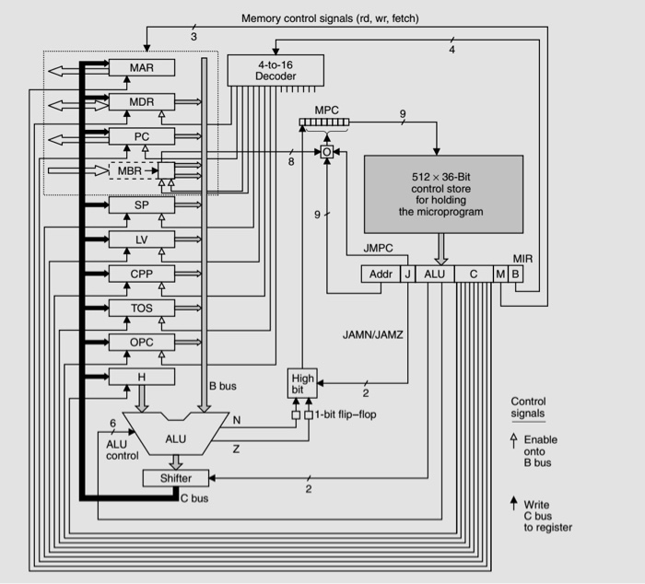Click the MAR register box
click(141, 68)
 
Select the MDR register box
click(141, 102)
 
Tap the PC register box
click(141, 136)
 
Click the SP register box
click(141, 204)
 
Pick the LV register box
click(141, 239)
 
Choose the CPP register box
click(141, 274)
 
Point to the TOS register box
click(141, 308)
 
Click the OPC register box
click(141, 342)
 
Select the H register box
click(141, 376)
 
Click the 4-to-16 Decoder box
click(276, 70)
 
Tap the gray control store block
click(443, 193)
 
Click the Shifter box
click(176, 478)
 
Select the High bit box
click(302, 384)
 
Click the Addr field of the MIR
click(380, 274)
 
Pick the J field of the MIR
click(406, 274)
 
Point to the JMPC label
click(379, 248)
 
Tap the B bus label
click(223, 386)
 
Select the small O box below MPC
click(326, 151)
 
